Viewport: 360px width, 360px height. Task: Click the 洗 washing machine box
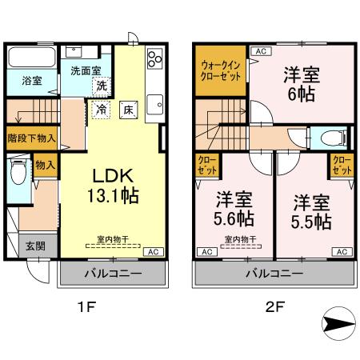pos(102,85)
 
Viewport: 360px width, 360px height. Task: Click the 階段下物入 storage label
pos(31,137)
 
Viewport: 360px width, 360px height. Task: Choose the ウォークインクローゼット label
pos(219,71)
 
